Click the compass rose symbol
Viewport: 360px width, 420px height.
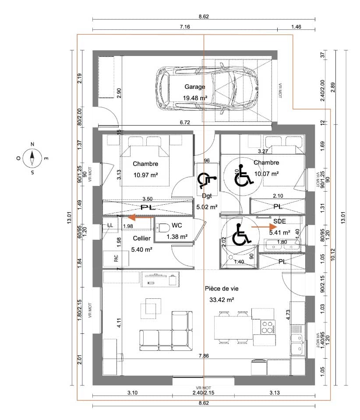tap(32, 157)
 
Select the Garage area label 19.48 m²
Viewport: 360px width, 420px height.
tap(194, 98)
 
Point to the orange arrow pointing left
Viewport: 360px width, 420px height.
tap(138, 217)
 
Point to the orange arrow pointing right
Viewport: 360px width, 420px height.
tap(264, 227)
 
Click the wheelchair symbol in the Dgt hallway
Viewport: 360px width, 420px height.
tap(207, 180)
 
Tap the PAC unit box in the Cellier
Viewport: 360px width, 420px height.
tap(116, 259)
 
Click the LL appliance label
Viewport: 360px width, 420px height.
tap(109, 225)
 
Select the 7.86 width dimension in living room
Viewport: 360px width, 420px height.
tap(203, 356)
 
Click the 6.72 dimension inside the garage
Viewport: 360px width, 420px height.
tap(185, 122)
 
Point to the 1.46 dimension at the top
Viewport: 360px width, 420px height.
tap(296, 27)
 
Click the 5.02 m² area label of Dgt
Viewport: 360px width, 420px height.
tap(207, 207)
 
